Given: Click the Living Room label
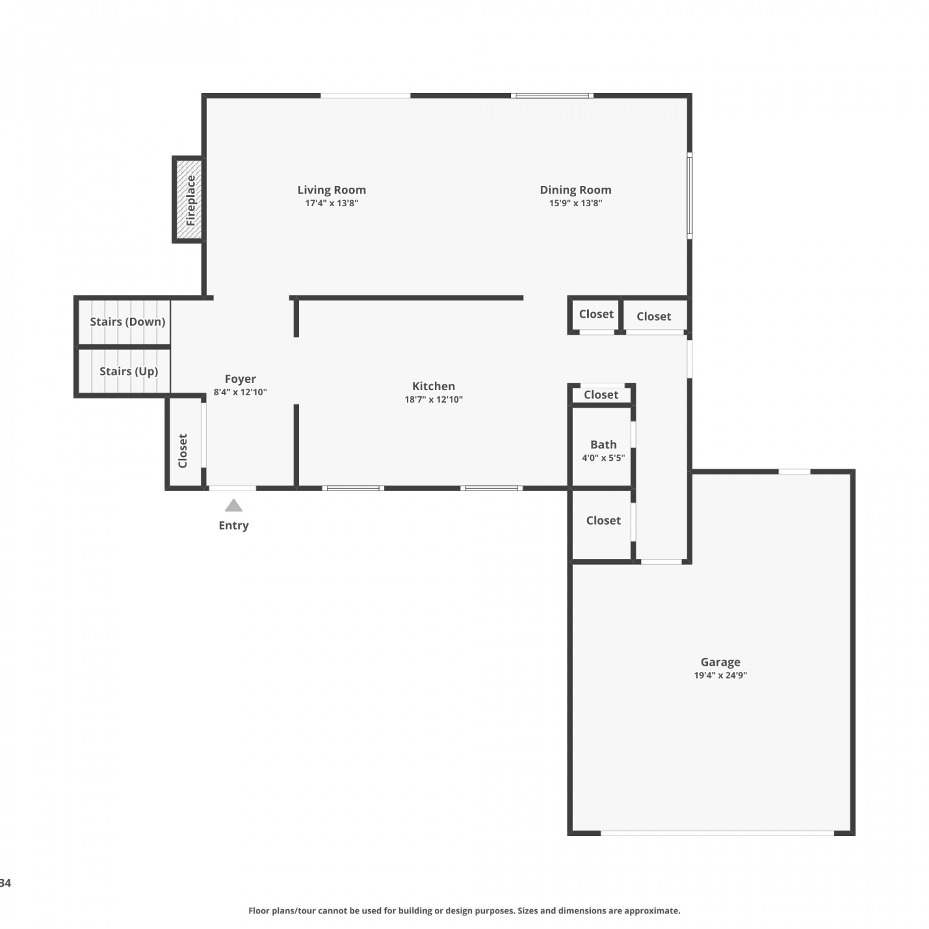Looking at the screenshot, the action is [x=331, y=190].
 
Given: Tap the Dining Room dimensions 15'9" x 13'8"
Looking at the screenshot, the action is [x=575, y=203].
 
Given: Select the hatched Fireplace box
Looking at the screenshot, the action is [x=188, y=199].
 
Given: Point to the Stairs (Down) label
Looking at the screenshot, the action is [x=128, y=321].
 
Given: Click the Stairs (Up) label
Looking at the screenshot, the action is [x=129, y=371].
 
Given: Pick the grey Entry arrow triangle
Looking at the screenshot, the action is [x=233, y=505].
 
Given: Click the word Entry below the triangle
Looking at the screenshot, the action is [x=233, y=525].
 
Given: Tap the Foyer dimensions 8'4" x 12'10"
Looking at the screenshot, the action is [x=240, y=392].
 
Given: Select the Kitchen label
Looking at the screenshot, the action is [x=434, y=386].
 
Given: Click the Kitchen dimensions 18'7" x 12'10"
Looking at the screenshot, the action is [x=434, y=399].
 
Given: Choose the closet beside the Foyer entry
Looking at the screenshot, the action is [x=185, y=442].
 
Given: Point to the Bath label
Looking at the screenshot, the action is [x=603, y=445].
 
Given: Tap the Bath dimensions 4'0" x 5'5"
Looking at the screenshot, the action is [x=603, y=458].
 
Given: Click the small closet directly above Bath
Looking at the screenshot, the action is [x=601, y=395].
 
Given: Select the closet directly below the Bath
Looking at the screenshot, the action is [x=602, y=524].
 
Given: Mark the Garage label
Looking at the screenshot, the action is [x=720, y=662].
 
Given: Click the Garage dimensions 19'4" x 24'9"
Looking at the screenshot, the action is [x=720, y=676].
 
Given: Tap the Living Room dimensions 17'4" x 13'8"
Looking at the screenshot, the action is [x=331, y=203].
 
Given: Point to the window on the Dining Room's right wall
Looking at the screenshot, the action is [x=689, y=196].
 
